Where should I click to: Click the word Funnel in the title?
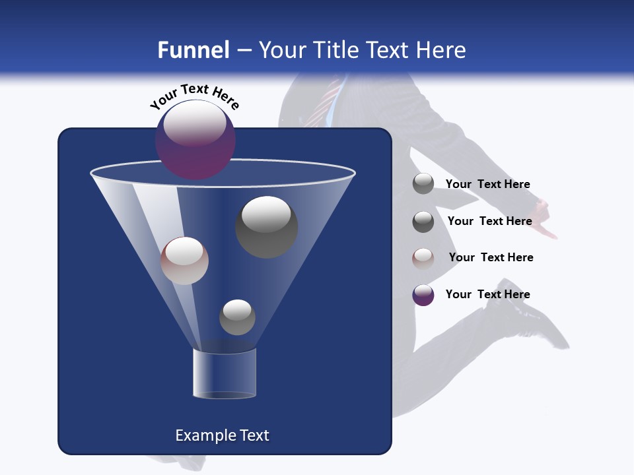(x=193, y=50)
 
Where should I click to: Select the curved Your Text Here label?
(x=194, y=96)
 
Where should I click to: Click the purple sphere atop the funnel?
(x=195, y=140)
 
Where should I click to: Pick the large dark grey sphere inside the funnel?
(x=266, y=227)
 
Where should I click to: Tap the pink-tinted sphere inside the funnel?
(x=185, y=261)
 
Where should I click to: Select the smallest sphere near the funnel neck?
(x=237, y=317)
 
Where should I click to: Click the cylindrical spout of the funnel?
(x=224, y=374)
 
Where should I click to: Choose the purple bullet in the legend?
(x=423, y=295)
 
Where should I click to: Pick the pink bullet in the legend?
(x=423, y=258)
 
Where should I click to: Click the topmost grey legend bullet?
(x=423, y=184)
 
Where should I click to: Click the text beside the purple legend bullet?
(x=487, y=294)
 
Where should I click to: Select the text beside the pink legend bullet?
(x=491, y=257)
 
